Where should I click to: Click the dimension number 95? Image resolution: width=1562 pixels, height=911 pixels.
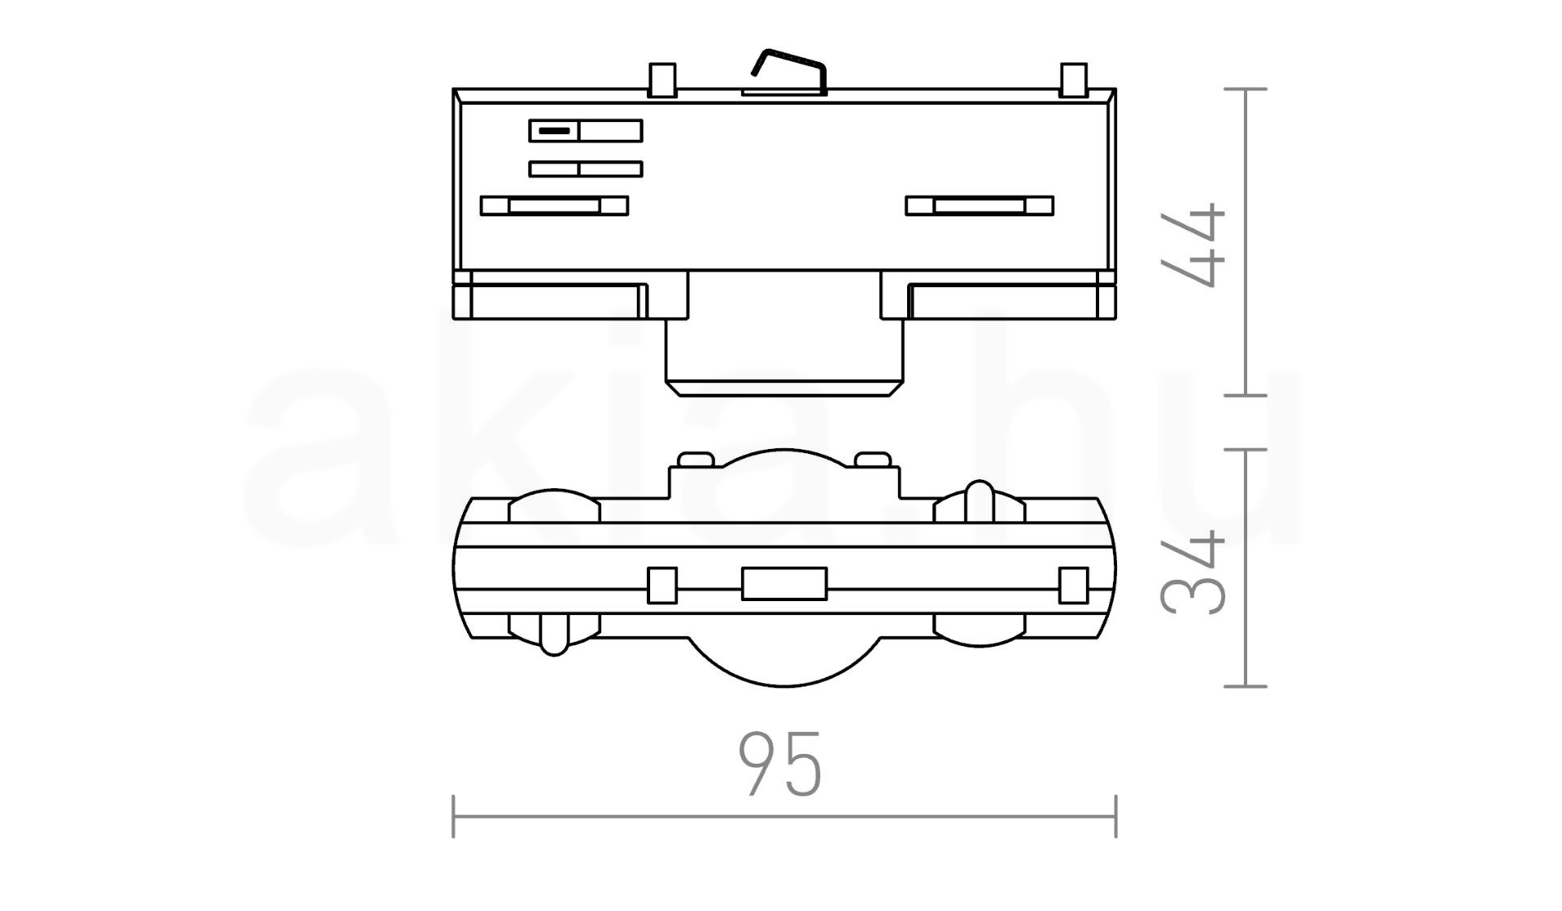pyautogui.click(x=780, y=764)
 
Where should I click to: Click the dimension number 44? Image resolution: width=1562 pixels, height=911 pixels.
pyautogui.click(x=1193, y=245)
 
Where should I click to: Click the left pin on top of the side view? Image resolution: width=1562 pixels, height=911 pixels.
pyautogui.click(x=661, y=80)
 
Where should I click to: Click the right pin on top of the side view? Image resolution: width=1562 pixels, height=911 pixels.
pyautogui.click(x=1074, y=80)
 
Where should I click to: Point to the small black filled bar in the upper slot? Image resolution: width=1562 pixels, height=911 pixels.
pyautogui.click(x=554, y=131)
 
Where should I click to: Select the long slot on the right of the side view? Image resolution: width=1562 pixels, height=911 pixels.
pyautogui.click(x=980, y=206)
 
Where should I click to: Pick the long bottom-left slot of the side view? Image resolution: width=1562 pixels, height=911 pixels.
pyautogui.click(x=554, y=206)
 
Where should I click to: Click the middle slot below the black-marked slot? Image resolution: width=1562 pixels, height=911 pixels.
pyautogui.click(x=586, y=169)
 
